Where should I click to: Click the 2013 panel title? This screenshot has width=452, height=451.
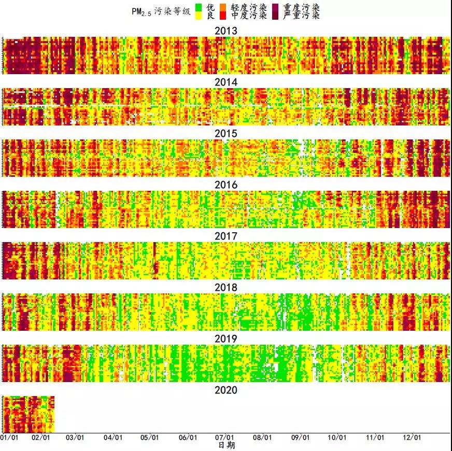click(225, 31)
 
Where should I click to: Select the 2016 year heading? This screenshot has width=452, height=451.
click(225, 185)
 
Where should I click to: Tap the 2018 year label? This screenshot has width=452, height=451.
click(225, 288)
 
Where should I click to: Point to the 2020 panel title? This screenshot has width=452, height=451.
click(225, 390)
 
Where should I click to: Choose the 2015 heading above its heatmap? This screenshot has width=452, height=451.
click(225, 134)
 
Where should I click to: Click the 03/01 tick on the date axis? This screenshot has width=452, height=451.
click(76, 438)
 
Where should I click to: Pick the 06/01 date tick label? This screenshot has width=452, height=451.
click(188, 438)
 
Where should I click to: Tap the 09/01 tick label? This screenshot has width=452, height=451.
click(300, 438)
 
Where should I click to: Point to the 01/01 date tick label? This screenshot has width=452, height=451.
click(9, 438)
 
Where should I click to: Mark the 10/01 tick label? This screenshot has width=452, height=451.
click(337, 438)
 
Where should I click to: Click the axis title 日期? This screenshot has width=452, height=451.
click(225, 445)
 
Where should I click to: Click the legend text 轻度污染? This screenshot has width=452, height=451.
click(249, 8)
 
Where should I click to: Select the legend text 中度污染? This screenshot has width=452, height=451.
click(249, 16)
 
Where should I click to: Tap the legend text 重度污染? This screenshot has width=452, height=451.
click(302, 8)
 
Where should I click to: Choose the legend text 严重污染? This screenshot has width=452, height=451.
click(302, 16)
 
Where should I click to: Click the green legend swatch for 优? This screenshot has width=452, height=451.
click(199, 8)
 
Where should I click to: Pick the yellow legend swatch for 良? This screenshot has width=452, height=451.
click(199, 16)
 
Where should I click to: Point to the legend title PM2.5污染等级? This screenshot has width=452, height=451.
click(161, 12)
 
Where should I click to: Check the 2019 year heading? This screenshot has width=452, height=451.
click(225, 339)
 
